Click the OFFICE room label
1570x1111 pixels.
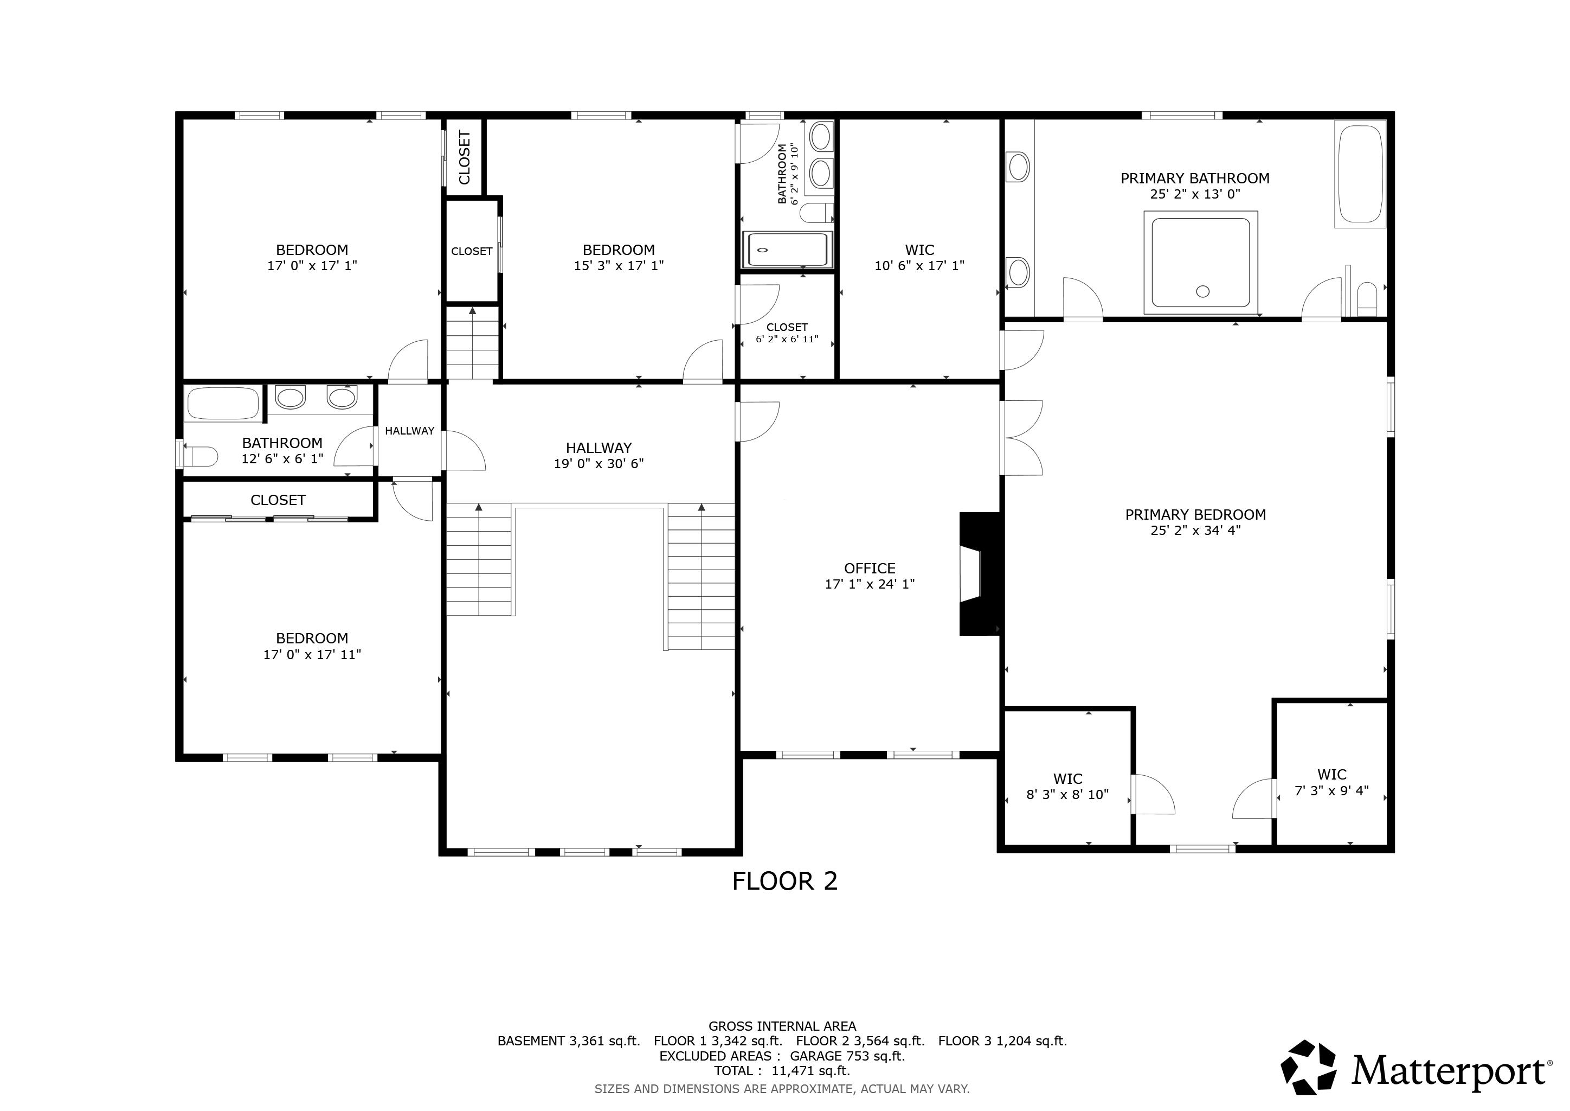point(869,569)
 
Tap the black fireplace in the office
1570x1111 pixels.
point(979,574)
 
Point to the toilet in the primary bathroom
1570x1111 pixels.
point(1367,299)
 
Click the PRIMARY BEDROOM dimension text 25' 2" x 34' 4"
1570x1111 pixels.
point(1195,530)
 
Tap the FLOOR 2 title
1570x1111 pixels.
point(784,881)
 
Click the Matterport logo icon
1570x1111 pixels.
point(1308,1067)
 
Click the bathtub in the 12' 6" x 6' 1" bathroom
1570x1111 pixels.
point(223,404)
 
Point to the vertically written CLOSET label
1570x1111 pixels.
point(464,157)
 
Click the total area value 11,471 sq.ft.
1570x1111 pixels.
point(810,1071)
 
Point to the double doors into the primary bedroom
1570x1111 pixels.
point(1021,438)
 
